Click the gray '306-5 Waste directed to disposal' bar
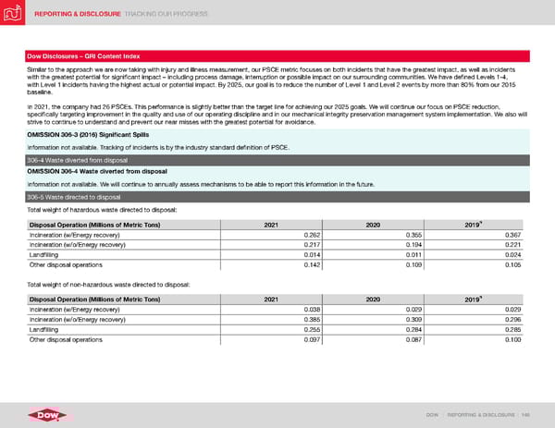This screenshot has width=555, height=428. [x=277, y=196]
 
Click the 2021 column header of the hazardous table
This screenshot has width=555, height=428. [x=272, y=224]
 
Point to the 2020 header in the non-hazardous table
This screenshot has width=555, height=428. [x=375, y=299]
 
